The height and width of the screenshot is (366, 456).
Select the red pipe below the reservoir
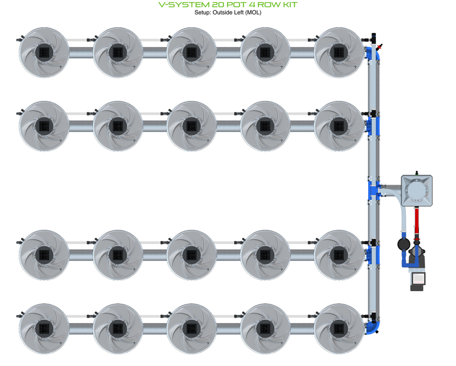coord(417,222)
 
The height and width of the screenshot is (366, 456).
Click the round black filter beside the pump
coord(403,244)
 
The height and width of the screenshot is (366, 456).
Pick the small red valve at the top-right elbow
coord(379,47)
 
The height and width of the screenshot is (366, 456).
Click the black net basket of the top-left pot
coord(43,52)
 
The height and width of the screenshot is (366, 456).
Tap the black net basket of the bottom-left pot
coord(43,328)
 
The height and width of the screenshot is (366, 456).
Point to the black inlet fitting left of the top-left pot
coord(19,39)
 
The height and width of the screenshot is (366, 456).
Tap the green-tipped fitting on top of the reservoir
coord(417,172)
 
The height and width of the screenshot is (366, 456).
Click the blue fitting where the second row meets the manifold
coord(373,125)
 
